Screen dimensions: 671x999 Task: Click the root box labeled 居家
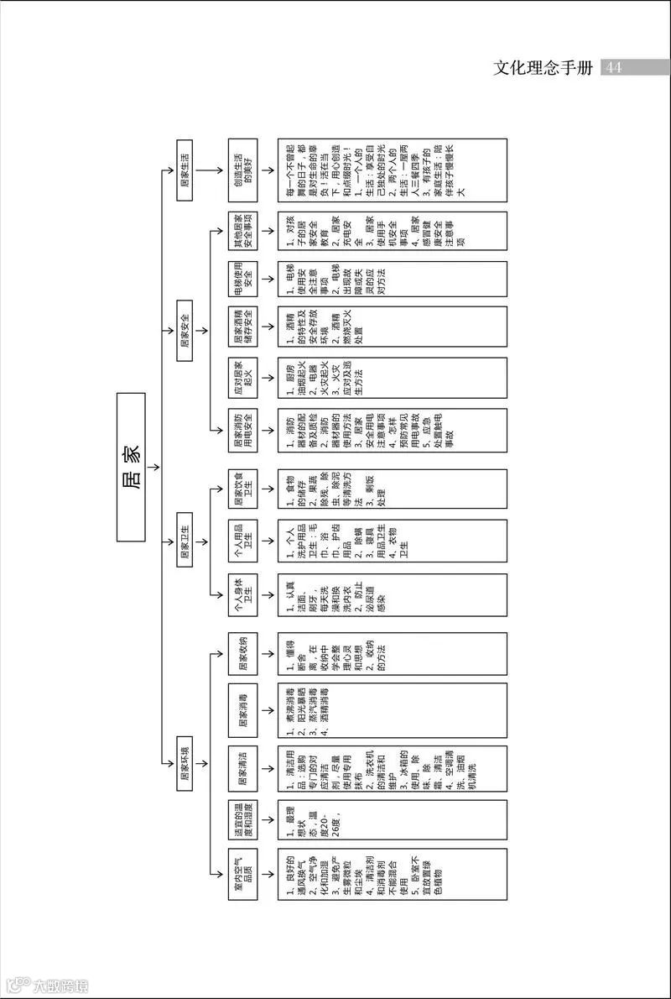(131, 467)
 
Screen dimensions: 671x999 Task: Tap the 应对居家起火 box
(242, 378)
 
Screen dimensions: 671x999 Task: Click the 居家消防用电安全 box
(242, 430)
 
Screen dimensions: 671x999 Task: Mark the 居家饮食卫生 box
(242, 488)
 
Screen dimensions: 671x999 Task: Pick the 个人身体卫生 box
(242, 595)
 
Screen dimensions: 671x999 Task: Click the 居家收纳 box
(242, 654)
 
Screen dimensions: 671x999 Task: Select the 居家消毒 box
(242, 709)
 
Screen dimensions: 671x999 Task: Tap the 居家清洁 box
(242, 767)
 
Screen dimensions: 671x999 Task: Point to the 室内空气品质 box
(242, 876)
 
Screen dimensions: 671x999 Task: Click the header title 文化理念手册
(544, 68)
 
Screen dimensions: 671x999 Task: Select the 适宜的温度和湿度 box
(242, 820)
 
